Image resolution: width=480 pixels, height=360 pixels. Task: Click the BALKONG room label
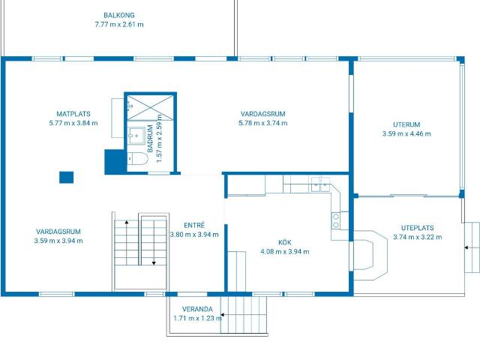pyautogui.click(x=119, y=15)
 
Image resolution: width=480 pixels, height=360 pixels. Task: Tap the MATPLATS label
pyautogui.click(x=73, y=114)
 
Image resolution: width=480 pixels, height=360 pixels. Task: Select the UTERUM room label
pyautogui.click(x=406, y=124)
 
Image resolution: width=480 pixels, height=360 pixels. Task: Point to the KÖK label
pyautogui.click(x=285, y=242)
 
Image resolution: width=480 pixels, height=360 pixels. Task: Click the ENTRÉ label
pyautogui.click(x=194, y=225)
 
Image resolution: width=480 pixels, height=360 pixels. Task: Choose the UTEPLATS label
pyautogui.click(x=418, y=228)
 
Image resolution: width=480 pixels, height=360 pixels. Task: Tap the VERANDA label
pyautogui.click(x=197, y=309)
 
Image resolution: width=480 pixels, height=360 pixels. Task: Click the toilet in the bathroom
pyautogui.click(x=137, y=158)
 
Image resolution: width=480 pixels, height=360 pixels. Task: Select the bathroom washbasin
pyautogui.click(x=136, y=136)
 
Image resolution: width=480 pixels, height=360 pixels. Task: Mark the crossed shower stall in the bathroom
pyautogui.click(x=150, y=107)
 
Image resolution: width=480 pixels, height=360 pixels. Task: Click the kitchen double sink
pyautogui.click(x=320, y=184)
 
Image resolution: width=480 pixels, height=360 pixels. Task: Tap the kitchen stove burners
pyautogui.click(x=336, y=220)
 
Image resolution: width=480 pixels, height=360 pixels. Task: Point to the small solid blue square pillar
pyautogui.click(x=66, y=177)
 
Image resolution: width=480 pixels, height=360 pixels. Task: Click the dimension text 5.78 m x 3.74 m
pyautogui.click(x=263, y=123)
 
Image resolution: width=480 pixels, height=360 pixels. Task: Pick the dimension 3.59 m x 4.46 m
pyautogui.click(x=406, y=133)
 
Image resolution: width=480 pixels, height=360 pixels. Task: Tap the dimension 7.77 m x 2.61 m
pyautogui.click(x=119, y=25)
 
